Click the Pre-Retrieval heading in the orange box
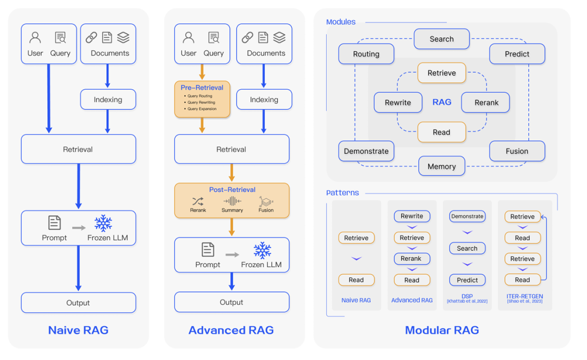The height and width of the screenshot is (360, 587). pos(202,87)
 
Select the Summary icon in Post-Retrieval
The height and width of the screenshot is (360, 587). pos(232,202)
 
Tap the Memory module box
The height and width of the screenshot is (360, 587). pos(441,166)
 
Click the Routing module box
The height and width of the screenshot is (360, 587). pos(366,54)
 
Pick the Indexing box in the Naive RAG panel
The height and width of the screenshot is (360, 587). pos(108,100)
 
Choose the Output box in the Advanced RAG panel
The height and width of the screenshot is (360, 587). pos(232,302)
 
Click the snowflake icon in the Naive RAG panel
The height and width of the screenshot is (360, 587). pos(103,224)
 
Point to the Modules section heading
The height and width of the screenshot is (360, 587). pos(341,22)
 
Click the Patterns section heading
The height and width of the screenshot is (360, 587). pos(342,193)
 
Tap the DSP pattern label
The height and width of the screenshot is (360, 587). pos(467,296)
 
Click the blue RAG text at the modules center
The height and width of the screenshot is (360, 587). pos(441,102)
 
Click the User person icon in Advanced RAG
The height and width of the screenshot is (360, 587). pos(189,38)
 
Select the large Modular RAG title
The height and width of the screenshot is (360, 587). pos(441,330)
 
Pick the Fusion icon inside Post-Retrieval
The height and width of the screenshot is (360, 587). pos(266,202)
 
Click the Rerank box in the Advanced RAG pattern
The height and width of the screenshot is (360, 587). pos(411,259)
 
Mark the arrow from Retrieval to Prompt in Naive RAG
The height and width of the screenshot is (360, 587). pos(78,186)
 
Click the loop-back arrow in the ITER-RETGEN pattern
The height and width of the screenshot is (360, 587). pos(545,247)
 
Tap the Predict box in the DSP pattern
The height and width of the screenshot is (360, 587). pos(467,280)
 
